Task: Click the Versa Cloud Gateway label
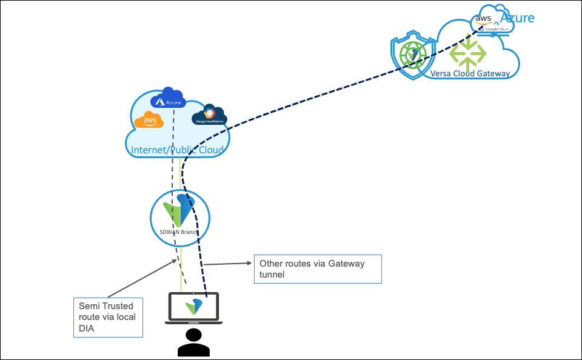[x=470, y=74]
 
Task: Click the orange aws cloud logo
[x=149, y=121]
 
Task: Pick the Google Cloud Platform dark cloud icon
[x=209, y=115]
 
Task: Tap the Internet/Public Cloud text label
[x=177, y=150]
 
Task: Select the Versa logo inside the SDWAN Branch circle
[x=179, y=209]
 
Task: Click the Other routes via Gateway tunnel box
[x=317, y=269]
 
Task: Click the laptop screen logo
[x=193, y=306]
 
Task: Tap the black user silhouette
[x=193, y=342]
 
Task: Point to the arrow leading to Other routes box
[x=227, y=264]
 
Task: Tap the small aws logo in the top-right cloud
[x=484, y=18]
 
